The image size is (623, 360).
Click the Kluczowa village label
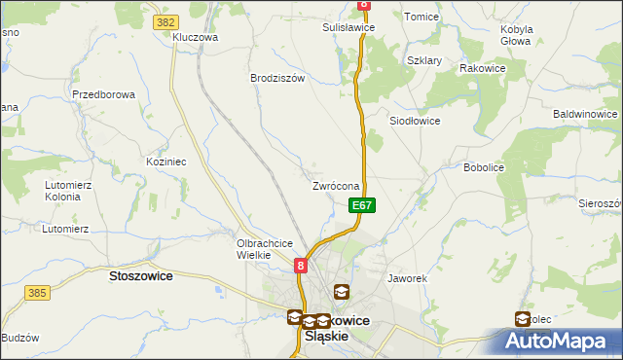tap(195, 37)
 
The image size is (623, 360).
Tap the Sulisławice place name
tap(348, 28)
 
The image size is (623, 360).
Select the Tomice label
tap(421, 17)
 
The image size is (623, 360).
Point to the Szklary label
tap(424, 60)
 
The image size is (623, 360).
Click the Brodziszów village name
tap(277, 78)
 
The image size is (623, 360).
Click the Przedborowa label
tap(102, 94)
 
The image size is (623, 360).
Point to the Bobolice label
tap(484, 167)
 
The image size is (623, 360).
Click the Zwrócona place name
tap(337, 186)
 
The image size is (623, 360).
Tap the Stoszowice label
tap(140, 276)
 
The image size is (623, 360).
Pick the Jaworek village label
tap(408, 278)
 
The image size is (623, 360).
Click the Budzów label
tap(19, 338)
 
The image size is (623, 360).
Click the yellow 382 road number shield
tap(165, 19)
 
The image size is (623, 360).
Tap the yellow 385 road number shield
tap(38, 292)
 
